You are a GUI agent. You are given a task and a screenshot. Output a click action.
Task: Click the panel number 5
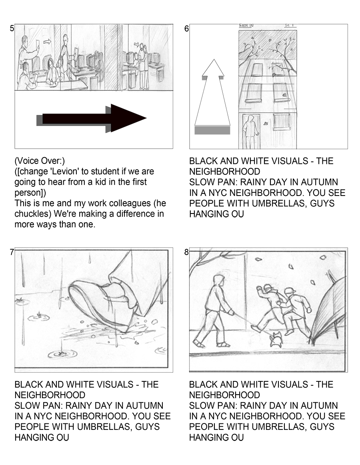pyautogui.click(x=12, y=28)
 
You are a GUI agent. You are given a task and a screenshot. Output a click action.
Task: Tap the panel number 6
pyautogui.click(x=186, y=28)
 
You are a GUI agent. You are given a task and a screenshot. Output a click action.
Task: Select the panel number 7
pyautogui.click(x=12, y=252)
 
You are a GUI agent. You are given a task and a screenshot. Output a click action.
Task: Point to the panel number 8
pyautogui.click(x=186, y=252)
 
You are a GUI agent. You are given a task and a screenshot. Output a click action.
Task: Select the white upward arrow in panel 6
pyautogui.click(x=212, y=92)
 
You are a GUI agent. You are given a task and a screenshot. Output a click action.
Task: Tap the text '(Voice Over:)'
pyautogui.click(x=40, y=161)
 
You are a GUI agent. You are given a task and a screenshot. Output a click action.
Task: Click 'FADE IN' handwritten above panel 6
pyautogui.click(x=246, y=26)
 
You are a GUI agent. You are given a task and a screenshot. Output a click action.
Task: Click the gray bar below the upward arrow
pyautogui.click(x=212, y=130)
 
